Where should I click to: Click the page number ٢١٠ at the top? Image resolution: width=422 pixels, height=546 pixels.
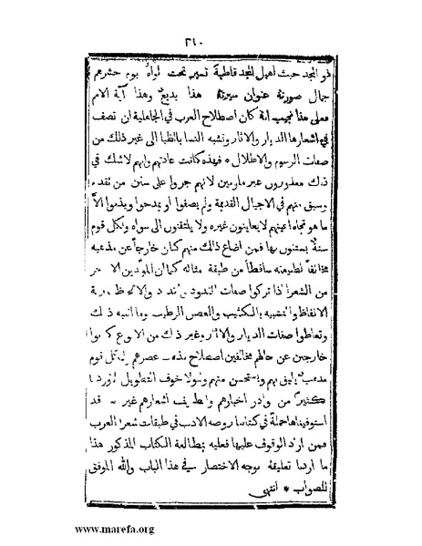coord(211,40)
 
